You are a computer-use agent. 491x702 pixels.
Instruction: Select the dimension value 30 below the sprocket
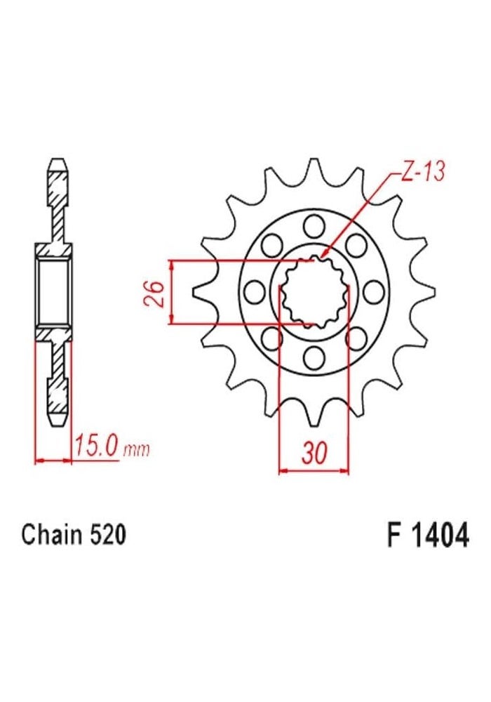click(315, 453)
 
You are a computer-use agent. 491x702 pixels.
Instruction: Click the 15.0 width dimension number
click(96, 447)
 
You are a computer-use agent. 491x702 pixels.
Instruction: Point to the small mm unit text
click(136, 450)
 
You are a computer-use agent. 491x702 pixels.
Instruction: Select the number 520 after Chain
click(108, 536)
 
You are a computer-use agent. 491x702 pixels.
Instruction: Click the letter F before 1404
click(391, 536)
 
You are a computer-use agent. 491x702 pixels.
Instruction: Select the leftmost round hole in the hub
click(256, 291)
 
